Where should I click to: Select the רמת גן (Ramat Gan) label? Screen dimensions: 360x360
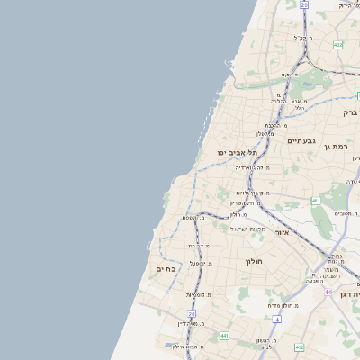tap(339, 146)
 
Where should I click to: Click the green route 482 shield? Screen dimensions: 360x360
tap(337, 44)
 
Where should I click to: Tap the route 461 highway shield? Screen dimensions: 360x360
tap(316, 200)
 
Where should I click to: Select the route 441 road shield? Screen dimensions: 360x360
tap(223, 335)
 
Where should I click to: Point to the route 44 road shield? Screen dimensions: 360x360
tap(328, 292)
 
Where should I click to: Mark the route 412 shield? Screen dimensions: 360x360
tap(299, 346)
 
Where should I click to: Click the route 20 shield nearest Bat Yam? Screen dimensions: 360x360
tap(191, 313)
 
